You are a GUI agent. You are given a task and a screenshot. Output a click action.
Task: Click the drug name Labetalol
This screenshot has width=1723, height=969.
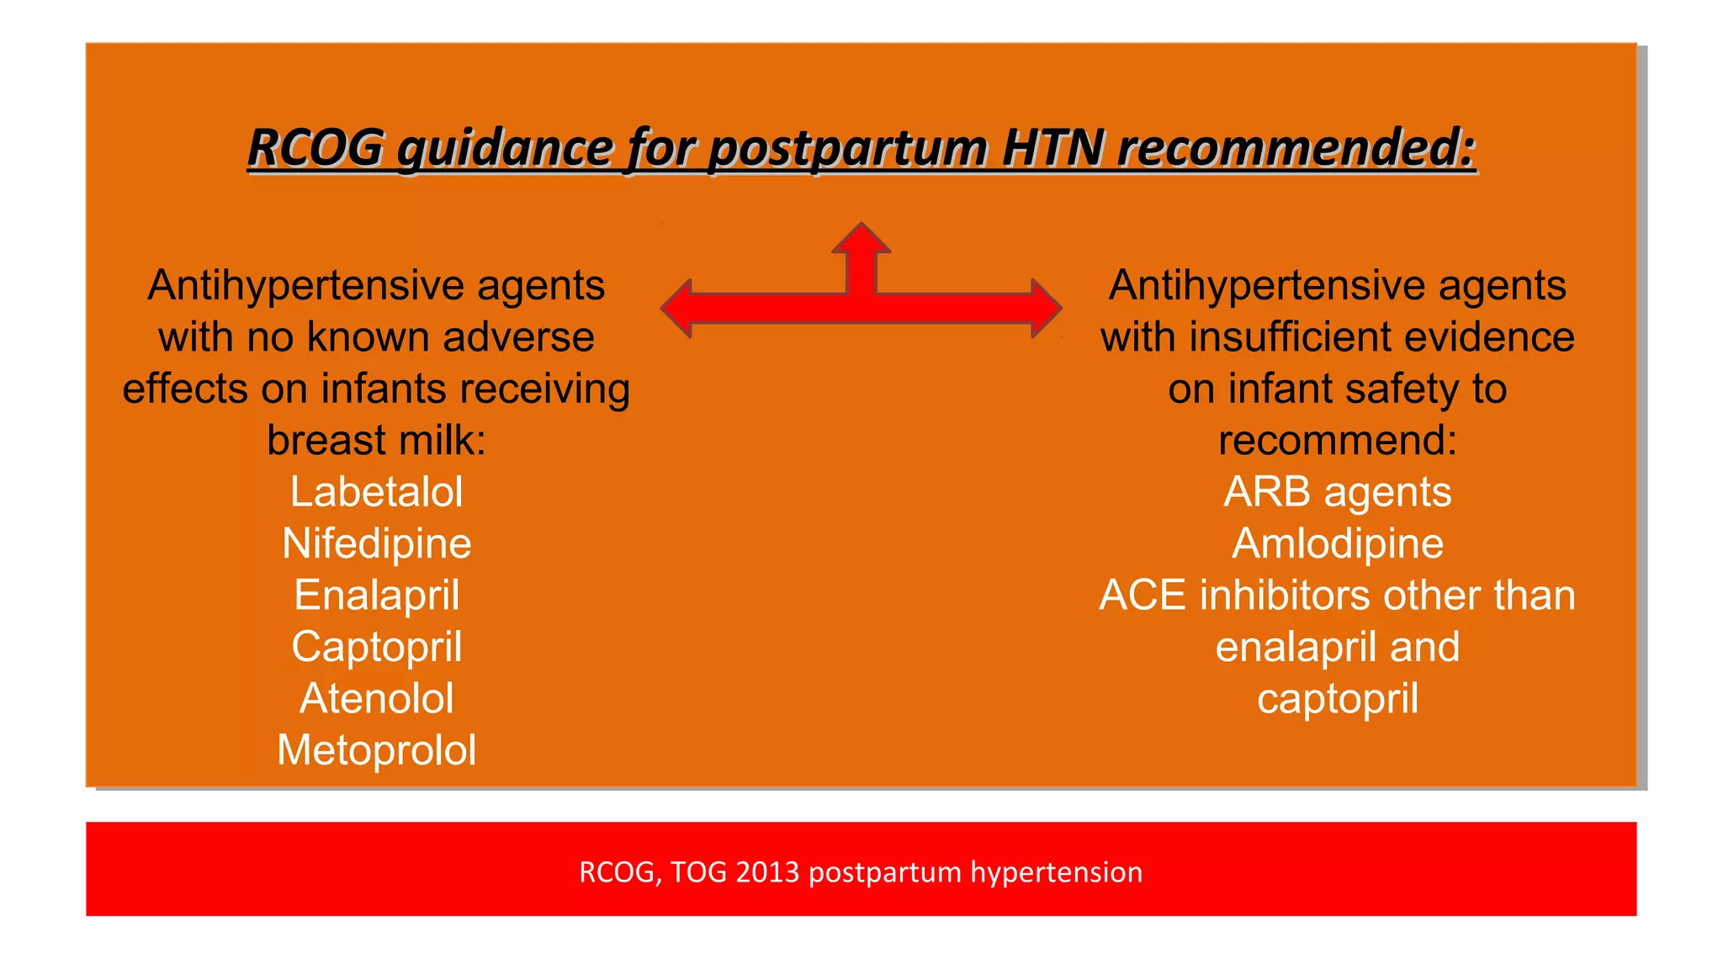[x=376, y=492]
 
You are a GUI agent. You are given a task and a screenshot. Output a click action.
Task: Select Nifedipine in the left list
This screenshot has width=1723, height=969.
[x=376, y=544]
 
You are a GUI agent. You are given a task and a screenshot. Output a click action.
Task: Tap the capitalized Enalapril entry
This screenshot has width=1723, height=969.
[x=376, y=596]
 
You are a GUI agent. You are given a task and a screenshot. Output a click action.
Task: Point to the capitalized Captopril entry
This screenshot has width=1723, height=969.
[x=376, y=647]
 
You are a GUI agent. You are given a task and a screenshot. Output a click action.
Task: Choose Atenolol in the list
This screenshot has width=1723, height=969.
[x=376, y=698]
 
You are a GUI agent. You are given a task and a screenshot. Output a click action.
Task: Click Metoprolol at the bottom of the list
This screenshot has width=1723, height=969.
[x=376, y=750]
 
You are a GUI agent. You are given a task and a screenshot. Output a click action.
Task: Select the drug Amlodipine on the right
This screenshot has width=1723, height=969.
[x=1337, y=543]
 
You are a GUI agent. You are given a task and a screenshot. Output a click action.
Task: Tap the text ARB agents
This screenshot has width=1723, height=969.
[x=1337, y=492]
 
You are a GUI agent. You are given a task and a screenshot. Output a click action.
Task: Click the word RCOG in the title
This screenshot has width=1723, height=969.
[x=315, y=148]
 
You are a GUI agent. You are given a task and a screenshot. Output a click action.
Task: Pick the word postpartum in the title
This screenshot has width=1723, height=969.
[x=847, y=150]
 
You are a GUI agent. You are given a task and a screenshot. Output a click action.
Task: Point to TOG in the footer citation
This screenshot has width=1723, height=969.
[x=698, y=872]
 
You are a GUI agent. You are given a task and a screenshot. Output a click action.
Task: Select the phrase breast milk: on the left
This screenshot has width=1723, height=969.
[x=376, y=441]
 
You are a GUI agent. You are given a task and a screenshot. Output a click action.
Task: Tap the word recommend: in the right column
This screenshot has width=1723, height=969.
[x=1337, y=441]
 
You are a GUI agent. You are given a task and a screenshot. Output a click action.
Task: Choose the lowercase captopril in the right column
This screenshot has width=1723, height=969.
[x=1337, y=699]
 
